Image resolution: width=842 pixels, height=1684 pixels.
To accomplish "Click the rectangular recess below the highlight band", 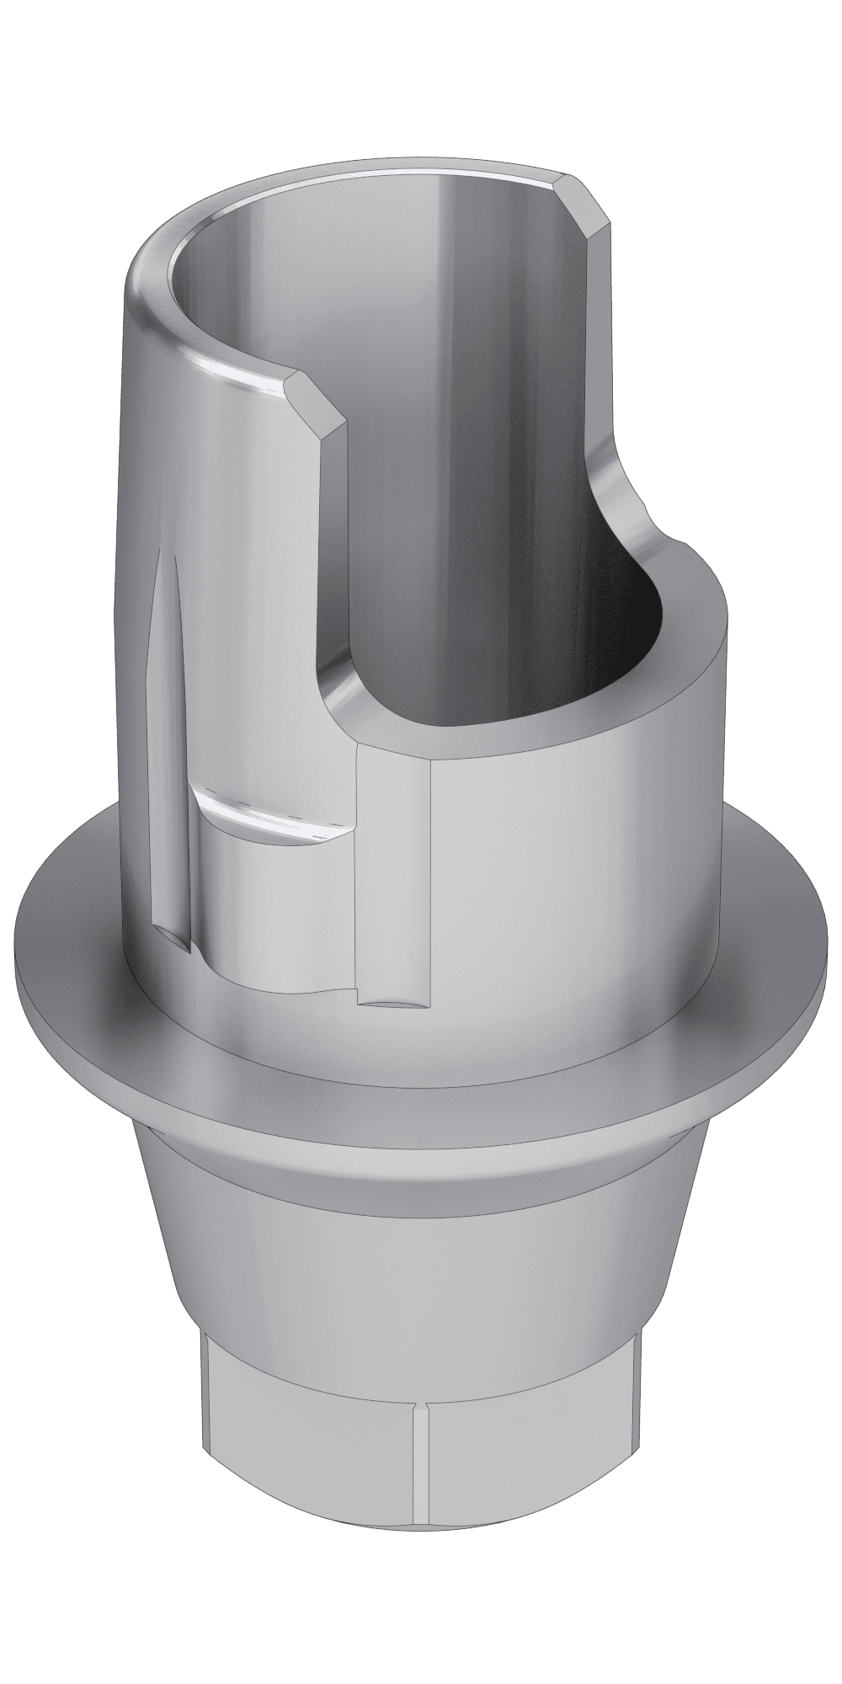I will [x=269, y=909].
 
